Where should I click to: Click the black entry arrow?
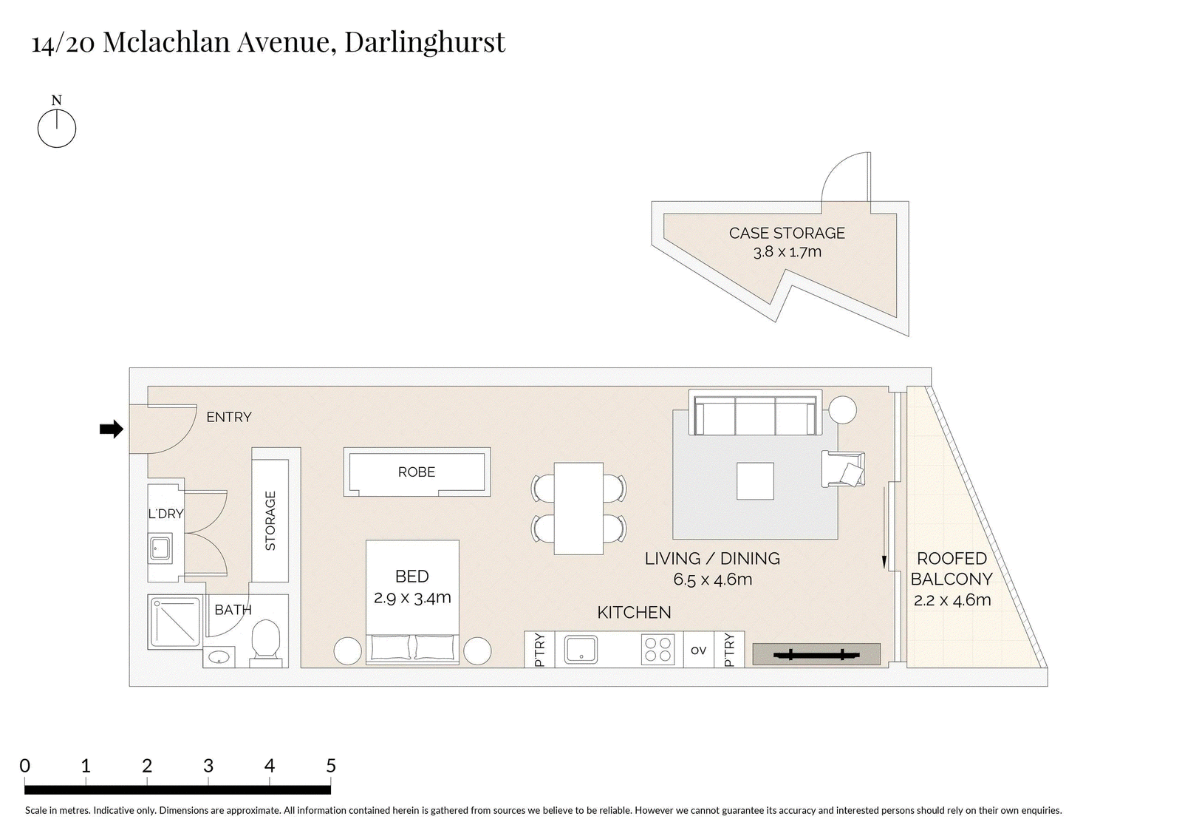tap(112, 429)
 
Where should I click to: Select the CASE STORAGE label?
tap(787, 233)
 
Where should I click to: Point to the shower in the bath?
tap(175, 622)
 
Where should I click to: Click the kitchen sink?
tap(581, 650)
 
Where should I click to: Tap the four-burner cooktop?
tap(658, 650)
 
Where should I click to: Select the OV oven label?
tap(698, 650)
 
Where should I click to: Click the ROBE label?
tap(417, 472)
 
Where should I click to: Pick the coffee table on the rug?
tap(755, 481)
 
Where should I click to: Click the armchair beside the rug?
tap(843, 469)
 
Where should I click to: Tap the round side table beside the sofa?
tap(843, 409)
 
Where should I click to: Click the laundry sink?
tap(160, 549)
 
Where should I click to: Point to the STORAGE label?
tap(270, 520)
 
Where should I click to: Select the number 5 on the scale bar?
tap(331, 765)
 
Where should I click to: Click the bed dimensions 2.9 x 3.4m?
tap(412, 598)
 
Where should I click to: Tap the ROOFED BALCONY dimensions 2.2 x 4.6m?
tap(952, 600)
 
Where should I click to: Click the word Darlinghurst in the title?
tap(425, 42)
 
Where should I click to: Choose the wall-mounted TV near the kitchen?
tap(816, 655)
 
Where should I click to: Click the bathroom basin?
tap(219, 658)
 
